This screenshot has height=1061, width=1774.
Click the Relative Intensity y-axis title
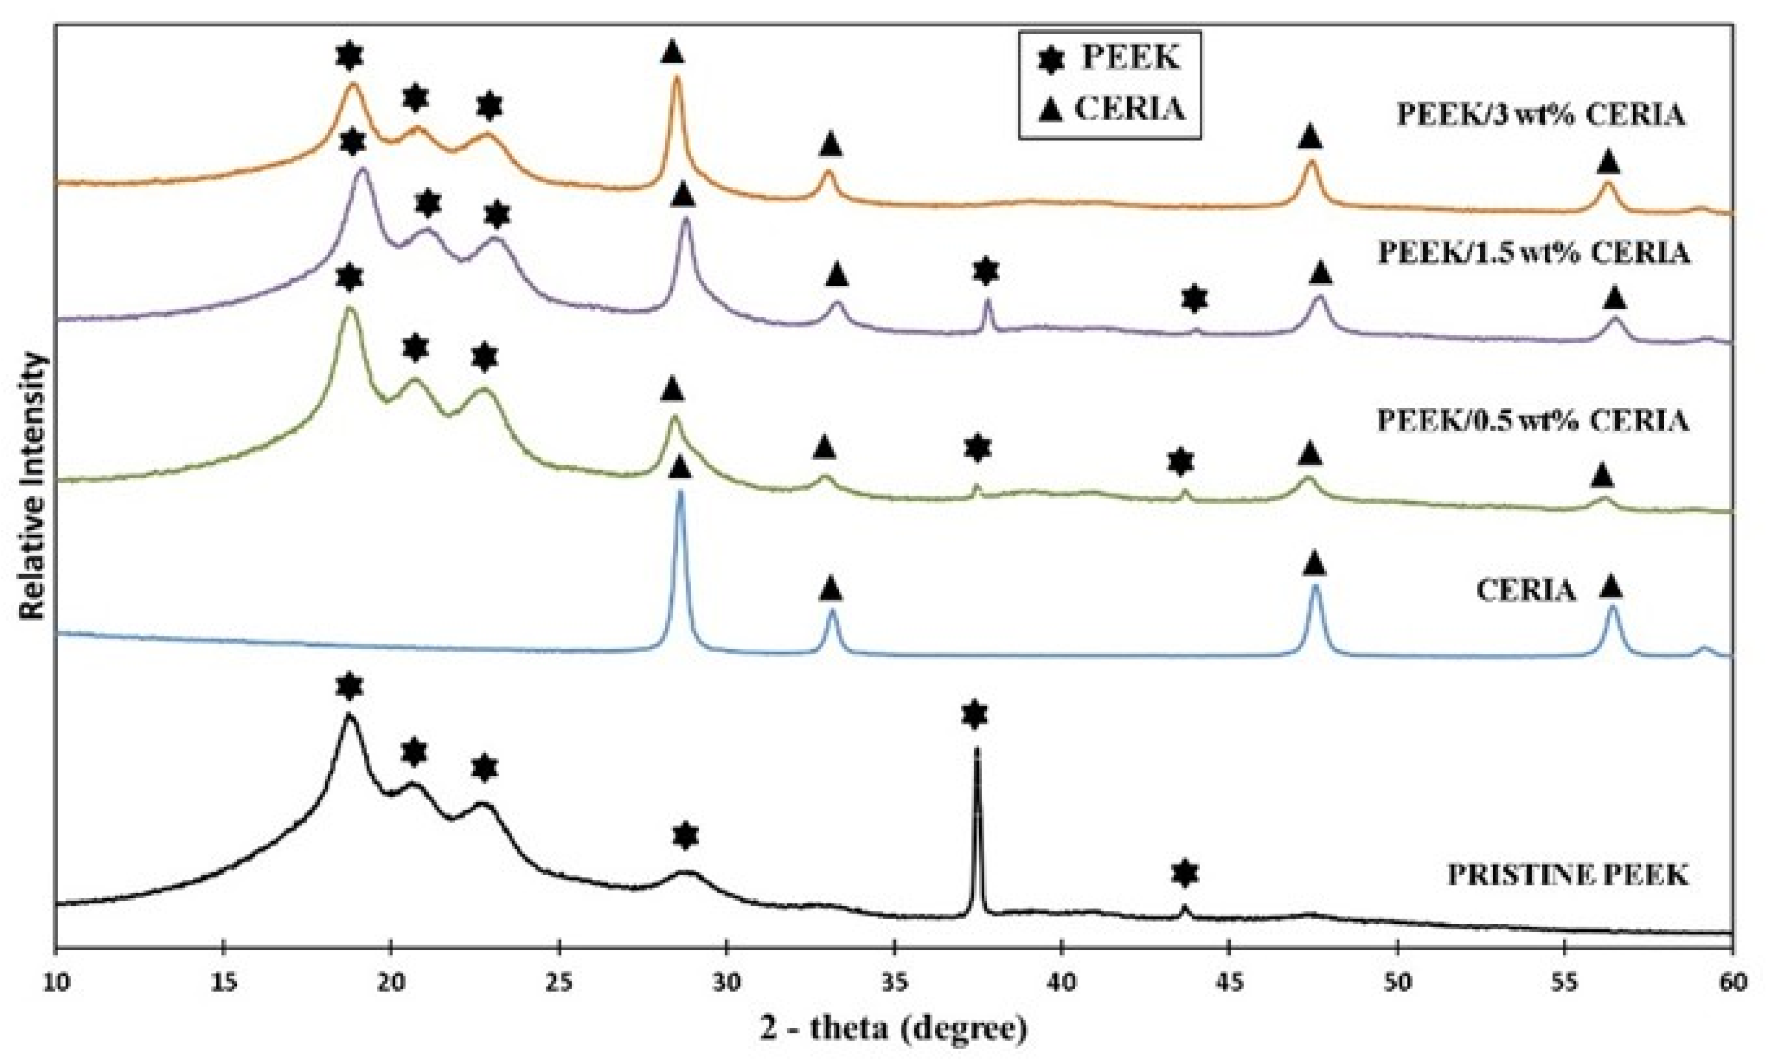coord(33,486)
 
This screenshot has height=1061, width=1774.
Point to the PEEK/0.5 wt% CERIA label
coord(1534,421)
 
